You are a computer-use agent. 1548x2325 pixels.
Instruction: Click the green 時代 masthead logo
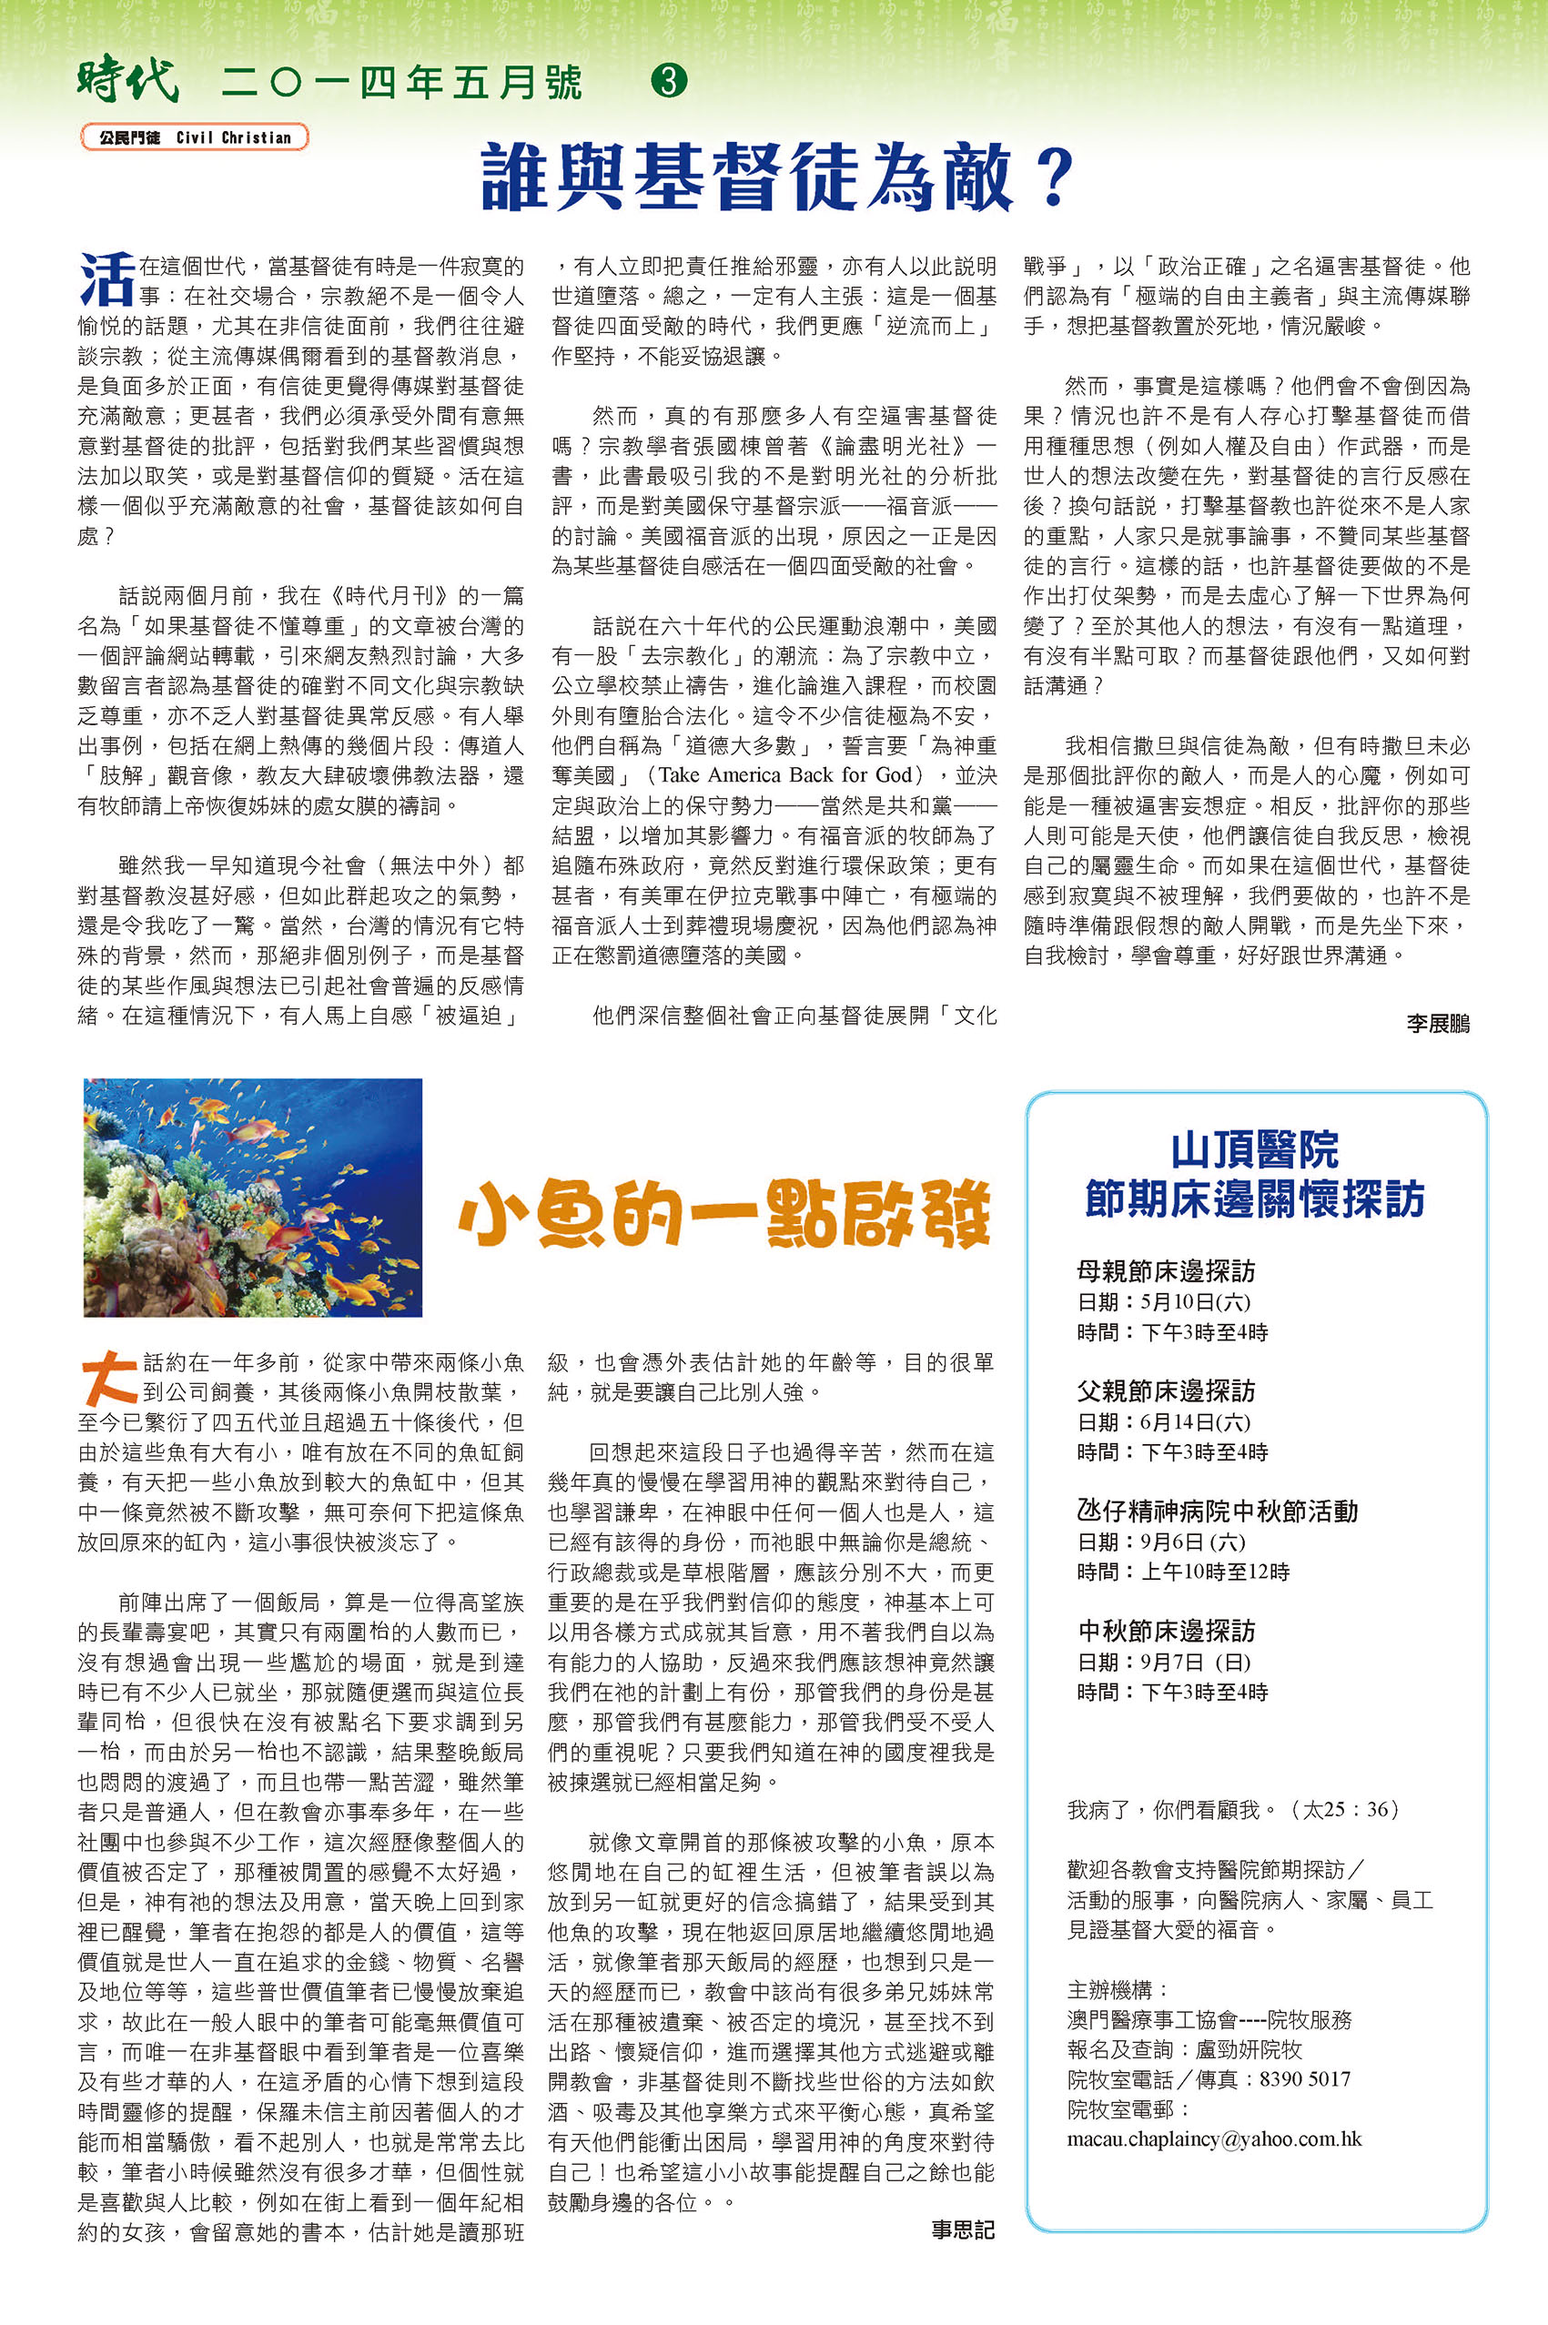[x=127, y=81]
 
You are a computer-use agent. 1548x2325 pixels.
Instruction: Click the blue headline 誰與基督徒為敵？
[x=776, y=177]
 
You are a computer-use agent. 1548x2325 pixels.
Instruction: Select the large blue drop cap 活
[x=106, y=279]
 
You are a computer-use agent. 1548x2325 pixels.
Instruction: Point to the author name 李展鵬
[x=1438, y=1024]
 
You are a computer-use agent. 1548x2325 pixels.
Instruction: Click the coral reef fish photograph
[x=253, y=1197]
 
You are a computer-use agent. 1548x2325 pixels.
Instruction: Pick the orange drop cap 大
[x=107, y=1376]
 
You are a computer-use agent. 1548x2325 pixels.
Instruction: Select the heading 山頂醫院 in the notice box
[x=1254, y=1150]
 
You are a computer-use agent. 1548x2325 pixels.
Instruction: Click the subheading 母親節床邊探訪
[x=1166, y=1270]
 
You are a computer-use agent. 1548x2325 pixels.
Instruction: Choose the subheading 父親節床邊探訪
[x=1166, y=1391]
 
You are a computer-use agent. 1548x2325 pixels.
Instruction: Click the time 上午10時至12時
[x=1214, y=1572]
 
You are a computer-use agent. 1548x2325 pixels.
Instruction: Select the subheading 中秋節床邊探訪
[x=1166, y=1631]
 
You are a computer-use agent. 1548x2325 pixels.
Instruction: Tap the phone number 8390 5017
[x=1304, y=2079]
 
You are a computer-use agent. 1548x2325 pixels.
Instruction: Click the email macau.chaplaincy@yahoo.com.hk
[x=1214, y=2139]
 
